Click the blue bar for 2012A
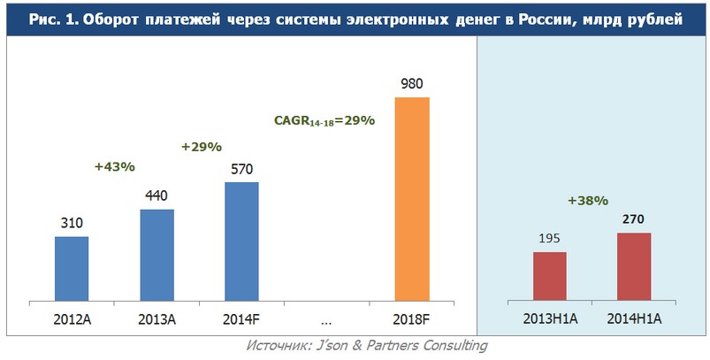pyautogui.click(x=72, y=268)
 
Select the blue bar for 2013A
pyautogui.click(x=157, y=255)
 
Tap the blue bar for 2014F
pyautogui.click(x=241, y=241)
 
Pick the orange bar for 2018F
pyautogui.click(x=411, y=198)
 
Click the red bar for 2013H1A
pyautogui.click(x=549, y=276)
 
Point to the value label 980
pyautogui.click(x=412, y=84)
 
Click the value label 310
pyautogui.click(x=72, y=224)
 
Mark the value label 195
pyautogui.click(x=549, y=240)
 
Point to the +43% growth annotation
pyautogui.click(x=114, y=165)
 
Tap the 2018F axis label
pyautogui.click(x=411, y=317)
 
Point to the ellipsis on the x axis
pyautogui.click(x=326, y=317)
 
